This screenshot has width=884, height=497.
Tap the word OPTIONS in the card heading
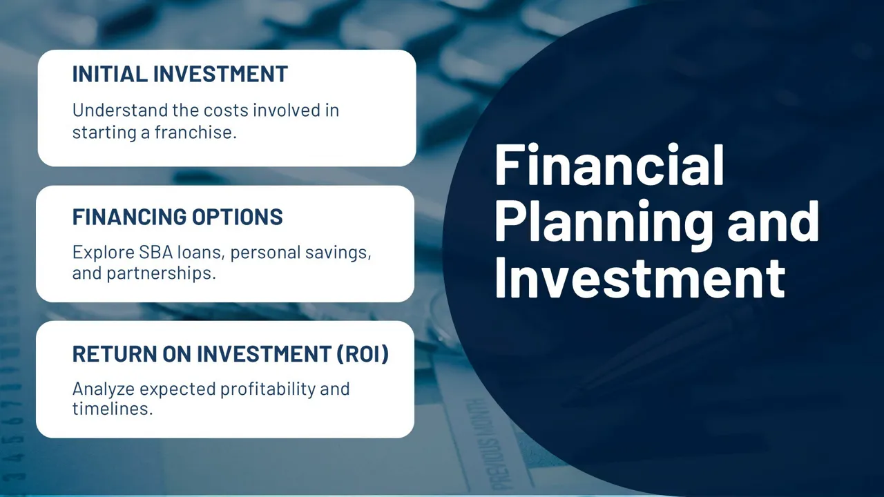(x=237, y=217)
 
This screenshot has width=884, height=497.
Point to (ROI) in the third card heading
(x=363, y=353)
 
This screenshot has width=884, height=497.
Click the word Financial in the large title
(x=609, y=164)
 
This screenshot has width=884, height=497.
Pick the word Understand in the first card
(x=120, y=110)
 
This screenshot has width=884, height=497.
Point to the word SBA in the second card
(x=156, y=252)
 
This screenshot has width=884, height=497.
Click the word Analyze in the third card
(x=104, y=389)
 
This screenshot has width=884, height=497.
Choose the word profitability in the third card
(x=268, y=389)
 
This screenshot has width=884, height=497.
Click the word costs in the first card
(x=226, y=110)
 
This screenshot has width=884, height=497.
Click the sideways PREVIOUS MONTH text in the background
(x=487, y=445)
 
